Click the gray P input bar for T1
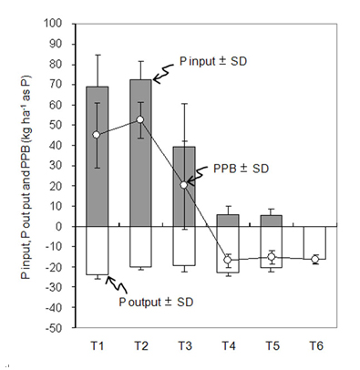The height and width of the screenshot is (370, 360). click(x=98, y=157)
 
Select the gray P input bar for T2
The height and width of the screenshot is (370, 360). click(x=140, y=153)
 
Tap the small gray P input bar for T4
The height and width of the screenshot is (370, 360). click(x=228, y=221)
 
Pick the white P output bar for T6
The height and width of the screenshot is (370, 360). click(x=315, y=242)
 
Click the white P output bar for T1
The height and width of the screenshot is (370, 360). click(x=98, y=251)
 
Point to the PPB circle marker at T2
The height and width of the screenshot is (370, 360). click(x=140, y=119)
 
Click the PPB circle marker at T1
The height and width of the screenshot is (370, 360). click(x=97, y=135)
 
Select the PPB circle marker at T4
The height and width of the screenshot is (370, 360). click(x=228, y=260)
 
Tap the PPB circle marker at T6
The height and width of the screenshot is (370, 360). click(x=315, y=260)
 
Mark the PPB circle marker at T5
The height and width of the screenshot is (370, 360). click(x=272, y=257)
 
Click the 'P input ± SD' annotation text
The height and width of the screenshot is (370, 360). click(x=213, y=61)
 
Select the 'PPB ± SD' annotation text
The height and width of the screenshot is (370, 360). click(x=242, y=169)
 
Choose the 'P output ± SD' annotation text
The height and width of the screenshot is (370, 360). click(x=156, y=303)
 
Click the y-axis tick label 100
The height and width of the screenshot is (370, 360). click(x=53, y=24)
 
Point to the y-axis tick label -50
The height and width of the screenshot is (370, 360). click(x=54, y=328)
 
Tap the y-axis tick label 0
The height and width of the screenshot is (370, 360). click(x=58, y=227)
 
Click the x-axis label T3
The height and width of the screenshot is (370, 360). click(x=185, y=345)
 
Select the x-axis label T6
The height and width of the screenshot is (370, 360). click(x=316, y=345)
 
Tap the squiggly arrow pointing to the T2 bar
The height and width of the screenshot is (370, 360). click(x=163, y=72)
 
